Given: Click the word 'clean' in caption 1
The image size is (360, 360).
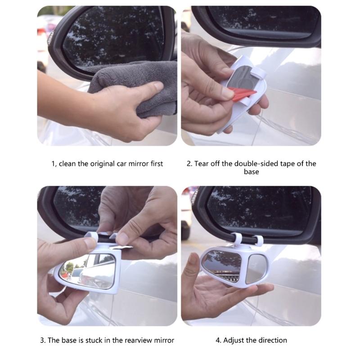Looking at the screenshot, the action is pos(67,164).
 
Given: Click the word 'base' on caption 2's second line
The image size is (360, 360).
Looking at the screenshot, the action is pos(252,172).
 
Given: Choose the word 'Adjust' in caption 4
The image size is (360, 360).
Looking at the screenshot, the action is pos(234,340).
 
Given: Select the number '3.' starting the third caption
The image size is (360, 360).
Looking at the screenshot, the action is pos(43,340).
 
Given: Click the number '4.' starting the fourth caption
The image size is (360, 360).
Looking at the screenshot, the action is pos(218,340).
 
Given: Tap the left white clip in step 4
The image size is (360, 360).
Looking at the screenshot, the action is pos(237,239).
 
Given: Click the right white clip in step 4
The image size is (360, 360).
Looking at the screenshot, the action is pos(258,240).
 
